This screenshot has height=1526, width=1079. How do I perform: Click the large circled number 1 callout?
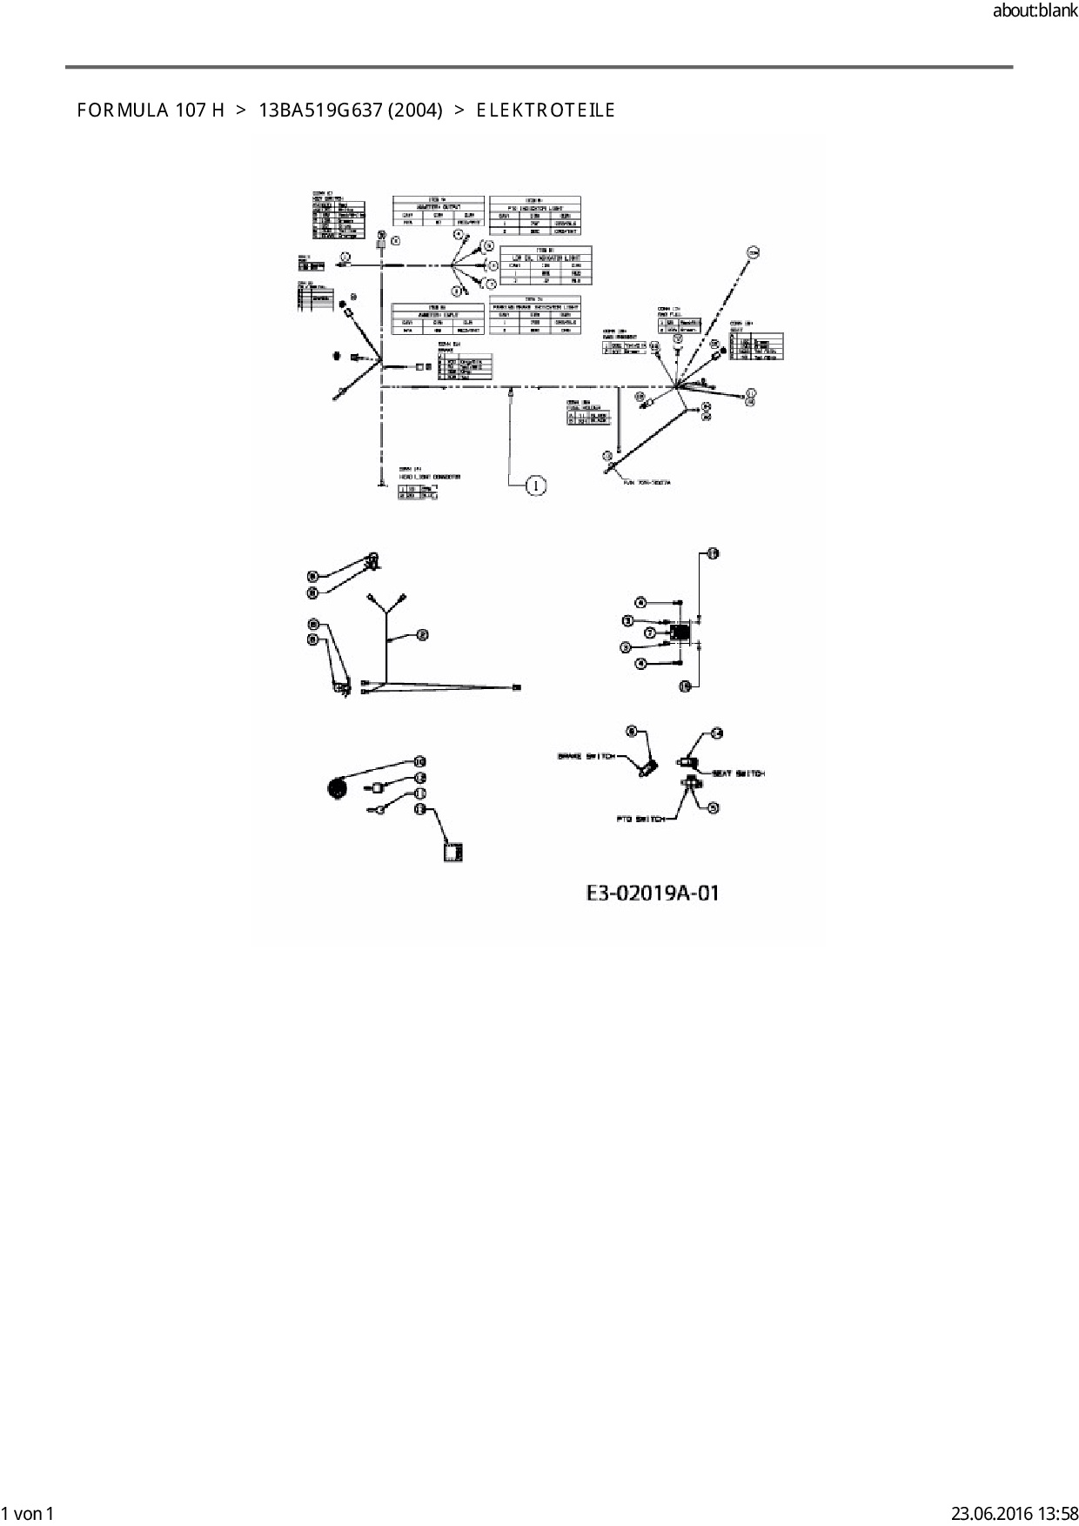[537, 485]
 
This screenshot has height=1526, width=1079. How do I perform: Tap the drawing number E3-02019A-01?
[653, 893]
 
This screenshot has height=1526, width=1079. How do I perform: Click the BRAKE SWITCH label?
[586, 756]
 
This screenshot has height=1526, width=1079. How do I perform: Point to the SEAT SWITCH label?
[738, 773]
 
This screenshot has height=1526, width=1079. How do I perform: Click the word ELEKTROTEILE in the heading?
[546, 110]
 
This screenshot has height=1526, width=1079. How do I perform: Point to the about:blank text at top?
[1035, 11]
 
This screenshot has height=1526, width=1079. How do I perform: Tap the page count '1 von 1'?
[29, 1514]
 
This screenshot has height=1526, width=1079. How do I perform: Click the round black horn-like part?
[337, 789]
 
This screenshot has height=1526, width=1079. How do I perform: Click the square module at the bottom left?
[452, 851]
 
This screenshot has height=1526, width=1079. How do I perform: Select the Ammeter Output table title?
[438, 206]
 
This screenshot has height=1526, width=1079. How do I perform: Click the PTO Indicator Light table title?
[534, 207]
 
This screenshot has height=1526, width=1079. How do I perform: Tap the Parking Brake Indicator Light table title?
[534, 306]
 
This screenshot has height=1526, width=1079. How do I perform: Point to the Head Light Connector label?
[430, 477]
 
